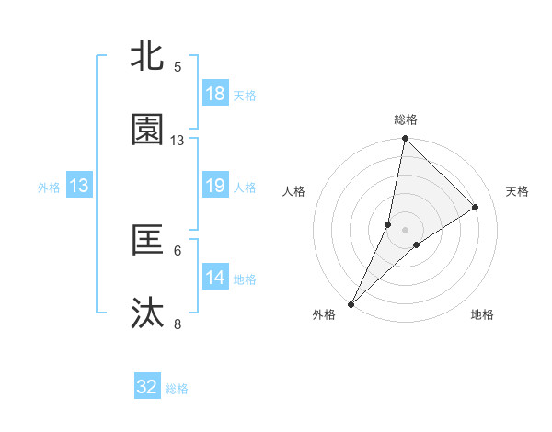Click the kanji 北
tap(147, 57)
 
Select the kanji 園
tap(147, 131)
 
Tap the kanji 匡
tap(147, 241)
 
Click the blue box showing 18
tap(214, 94)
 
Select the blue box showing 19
tap(214, 186)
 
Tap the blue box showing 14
tap(214, 278)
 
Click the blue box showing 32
tap(147, 388)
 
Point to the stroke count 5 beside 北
tap(178, 67)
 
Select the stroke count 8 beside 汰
tap(178, 324)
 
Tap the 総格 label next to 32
tap(177, 389)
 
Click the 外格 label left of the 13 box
tap(49, 187)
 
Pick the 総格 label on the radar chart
tap(405, 119)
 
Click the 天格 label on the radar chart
tap(518, 191)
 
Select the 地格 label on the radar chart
tap(482, 315)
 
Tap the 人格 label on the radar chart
tap(294, 191)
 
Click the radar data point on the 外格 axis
tap(351, 303)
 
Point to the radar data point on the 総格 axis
tap(405, 139)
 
